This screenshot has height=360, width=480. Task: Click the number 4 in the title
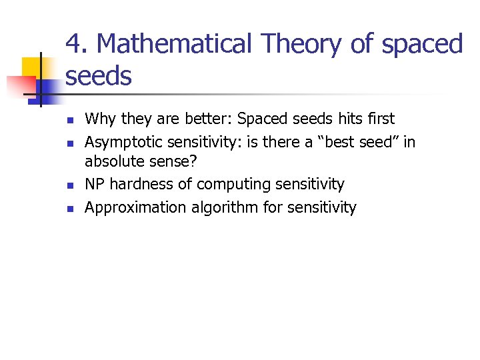74,44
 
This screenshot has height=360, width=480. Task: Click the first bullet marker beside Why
69,121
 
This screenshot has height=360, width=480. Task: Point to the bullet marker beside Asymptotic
69,143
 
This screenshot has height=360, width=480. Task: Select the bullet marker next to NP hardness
69,185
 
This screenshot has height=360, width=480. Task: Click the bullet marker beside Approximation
69,208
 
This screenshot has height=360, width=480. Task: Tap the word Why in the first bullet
100,119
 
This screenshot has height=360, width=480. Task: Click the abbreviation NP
95,184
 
